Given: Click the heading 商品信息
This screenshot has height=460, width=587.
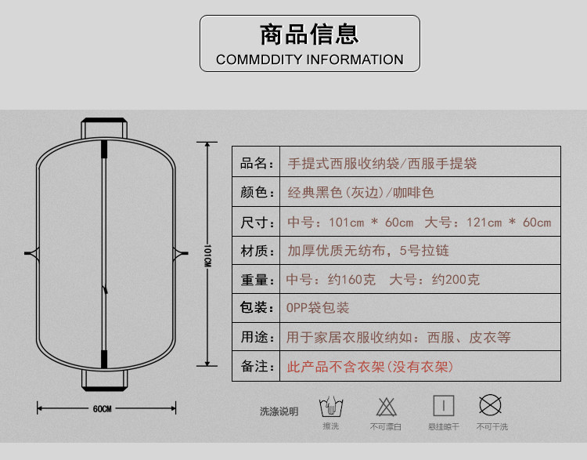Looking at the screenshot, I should pyautogui.click(x=309, y=34).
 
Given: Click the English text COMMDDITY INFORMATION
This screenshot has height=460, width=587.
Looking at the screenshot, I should pyautogui.click(x=309, y=60).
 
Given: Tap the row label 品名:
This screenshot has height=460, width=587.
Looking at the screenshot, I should pyautogui.click(x=257, y=164).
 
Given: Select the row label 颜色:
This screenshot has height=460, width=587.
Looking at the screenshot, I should pyautogui.click(x=257, y=193).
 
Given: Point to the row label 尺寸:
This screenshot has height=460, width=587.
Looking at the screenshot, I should pyautogui.click(x=257, y=222).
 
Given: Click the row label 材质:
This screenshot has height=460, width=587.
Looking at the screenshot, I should pyautogui.click(x=257, y=251).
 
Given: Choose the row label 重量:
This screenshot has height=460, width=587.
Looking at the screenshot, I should pyautogui.click(x=257, y=280).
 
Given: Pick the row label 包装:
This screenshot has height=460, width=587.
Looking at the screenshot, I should pyautogui.click(x=257, y=308).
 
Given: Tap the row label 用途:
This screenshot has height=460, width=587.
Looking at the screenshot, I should pyautogui.click(x=257, y=337).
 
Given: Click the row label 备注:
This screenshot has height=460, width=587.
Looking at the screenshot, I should pyautogui.click(x=257, y=366).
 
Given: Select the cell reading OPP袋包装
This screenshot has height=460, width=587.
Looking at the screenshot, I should pyautogui.click(x=318, y=308).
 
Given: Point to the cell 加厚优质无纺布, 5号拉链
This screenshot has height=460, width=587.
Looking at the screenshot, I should pyautogui.click(x=368, y=251).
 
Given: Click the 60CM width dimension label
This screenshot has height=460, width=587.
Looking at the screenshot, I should pyautogui.click(x=103, y=408).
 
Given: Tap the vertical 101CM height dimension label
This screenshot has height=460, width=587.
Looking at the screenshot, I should pyautogui.click(x=207, y=255).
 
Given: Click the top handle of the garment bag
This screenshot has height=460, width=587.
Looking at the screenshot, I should pyautogui.click(x=103, y=126).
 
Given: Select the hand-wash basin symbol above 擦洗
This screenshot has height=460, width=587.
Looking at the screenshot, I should pyautogui.click(x=330, y=407).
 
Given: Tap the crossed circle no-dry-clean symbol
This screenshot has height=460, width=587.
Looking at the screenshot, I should pyautogui.click(x=491, y=405).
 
